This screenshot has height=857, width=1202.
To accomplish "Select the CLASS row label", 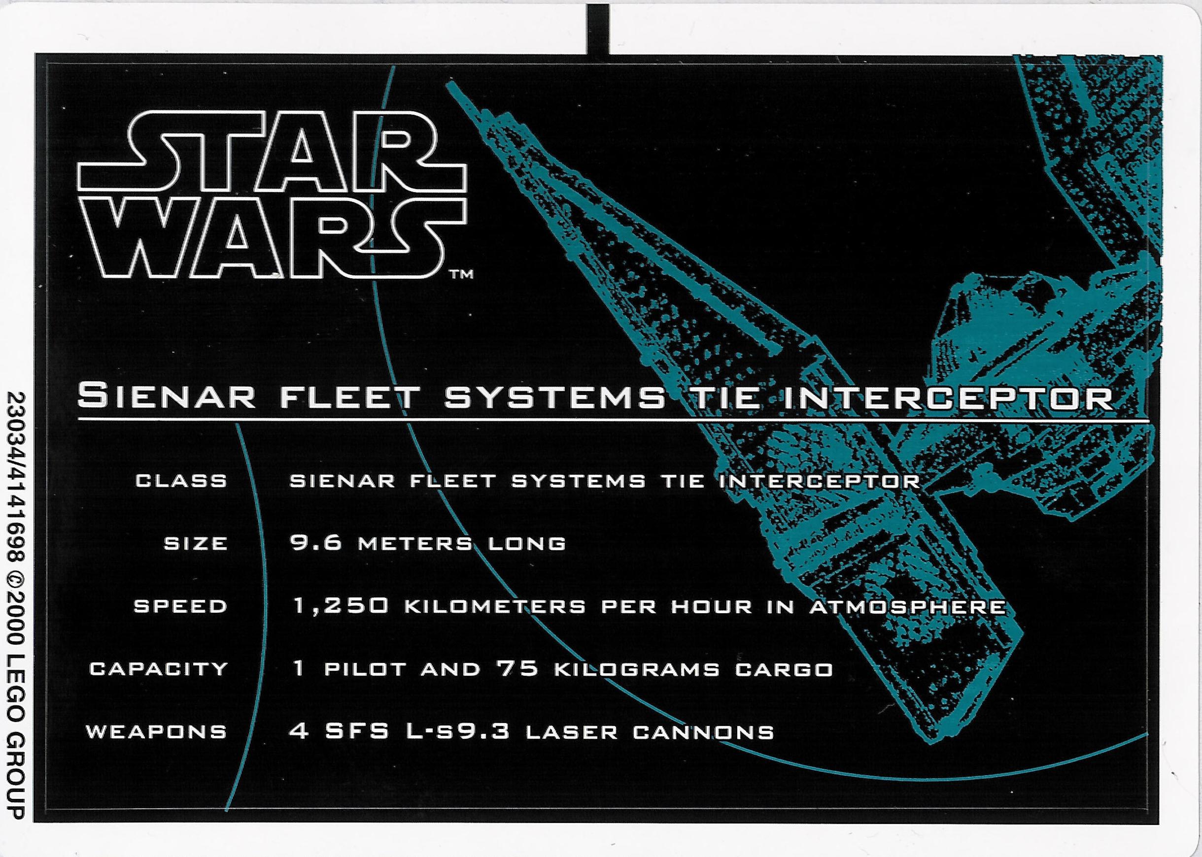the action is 181,481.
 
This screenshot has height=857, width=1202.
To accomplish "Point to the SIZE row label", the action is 195,544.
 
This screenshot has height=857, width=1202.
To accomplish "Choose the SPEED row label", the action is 180,606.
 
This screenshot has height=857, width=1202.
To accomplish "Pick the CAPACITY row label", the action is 158,669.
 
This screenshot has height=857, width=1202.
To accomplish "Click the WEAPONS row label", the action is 157,732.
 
